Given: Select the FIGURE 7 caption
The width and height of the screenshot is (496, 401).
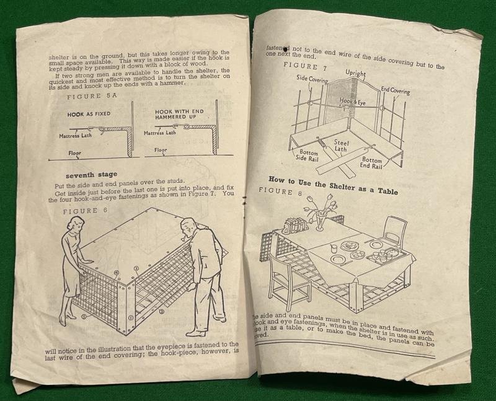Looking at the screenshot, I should [x=304, y=65].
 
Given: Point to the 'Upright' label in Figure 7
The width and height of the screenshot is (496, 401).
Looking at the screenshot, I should [x=356, y=74].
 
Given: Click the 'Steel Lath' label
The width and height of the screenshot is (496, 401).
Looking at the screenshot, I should [x=342, y=147].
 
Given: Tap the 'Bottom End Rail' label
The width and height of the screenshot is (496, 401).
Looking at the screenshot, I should [x=374, y=163].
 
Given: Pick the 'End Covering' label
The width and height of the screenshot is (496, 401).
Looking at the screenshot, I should [x=395, y=91].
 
